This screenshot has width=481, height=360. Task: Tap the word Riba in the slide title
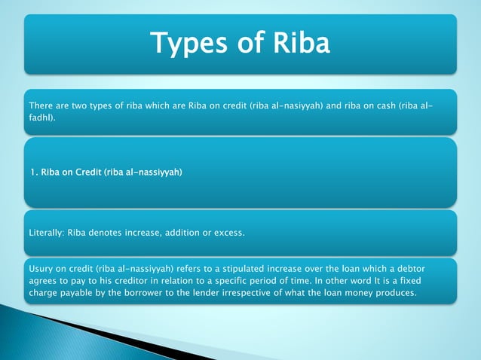pos(297,43)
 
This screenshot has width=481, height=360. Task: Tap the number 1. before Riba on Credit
pos(35,172)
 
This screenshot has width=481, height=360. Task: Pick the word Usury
pos(41,267)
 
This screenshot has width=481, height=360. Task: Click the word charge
pos(43,293)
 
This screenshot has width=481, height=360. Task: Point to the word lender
pos(208,293)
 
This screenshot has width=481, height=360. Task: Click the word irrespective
pos(259,293)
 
